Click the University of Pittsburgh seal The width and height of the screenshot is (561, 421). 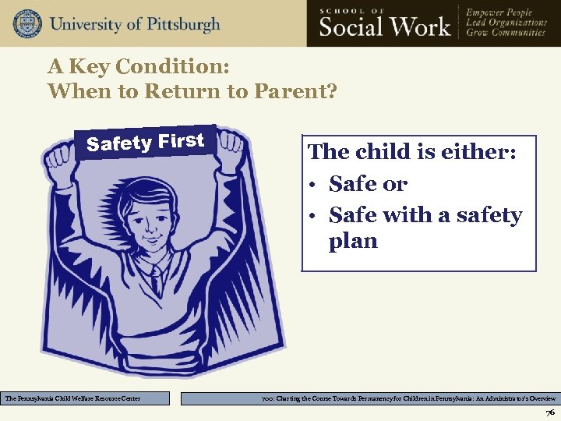coord(27,23)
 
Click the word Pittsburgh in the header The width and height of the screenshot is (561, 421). coord(177,23)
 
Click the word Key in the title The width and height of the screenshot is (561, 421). coord(87,67)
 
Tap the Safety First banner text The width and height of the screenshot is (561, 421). coord(146,142)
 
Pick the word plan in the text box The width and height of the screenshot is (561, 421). coord(353,241)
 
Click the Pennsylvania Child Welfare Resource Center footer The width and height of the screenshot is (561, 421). coord(85,398)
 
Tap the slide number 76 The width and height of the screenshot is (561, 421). coord(550,412)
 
